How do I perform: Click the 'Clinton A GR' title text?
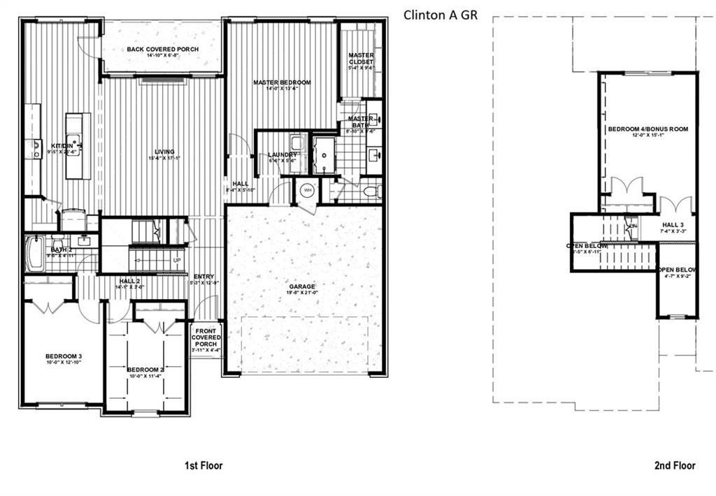(x=441, y=15)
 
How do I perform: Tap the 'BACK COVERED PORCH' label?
(x=162, y=50)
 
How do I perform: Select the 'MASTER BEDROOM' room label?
(x=282, y=82)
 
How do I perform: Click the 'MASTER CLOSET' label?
(x=361, y=59)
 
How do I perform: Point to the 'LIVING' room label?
(x=164, y=152)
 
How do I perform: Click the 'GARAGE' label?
(x=303, y=286)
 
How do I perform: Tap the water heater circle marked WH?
(x=306, y=190)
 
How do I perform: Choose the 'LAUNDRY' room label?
(x=283, y=155)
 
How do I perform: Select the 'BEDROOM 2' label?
(x=145, y=370)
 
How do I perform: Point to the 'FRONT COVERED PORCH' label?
(x=206, y=337)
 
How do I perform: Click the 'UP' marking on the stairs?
(x=177, y=260)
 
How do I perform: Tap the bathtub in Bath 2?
(x=32, y=254)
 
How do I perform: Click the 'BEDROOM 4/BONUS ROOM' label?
(x=647, y=129)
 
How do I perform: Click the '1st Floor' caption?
(x=203, y=465)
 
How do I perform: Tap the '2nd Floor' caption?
(x=675, y=465)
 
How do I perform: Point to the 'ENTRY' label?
(x=204, y=277)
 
